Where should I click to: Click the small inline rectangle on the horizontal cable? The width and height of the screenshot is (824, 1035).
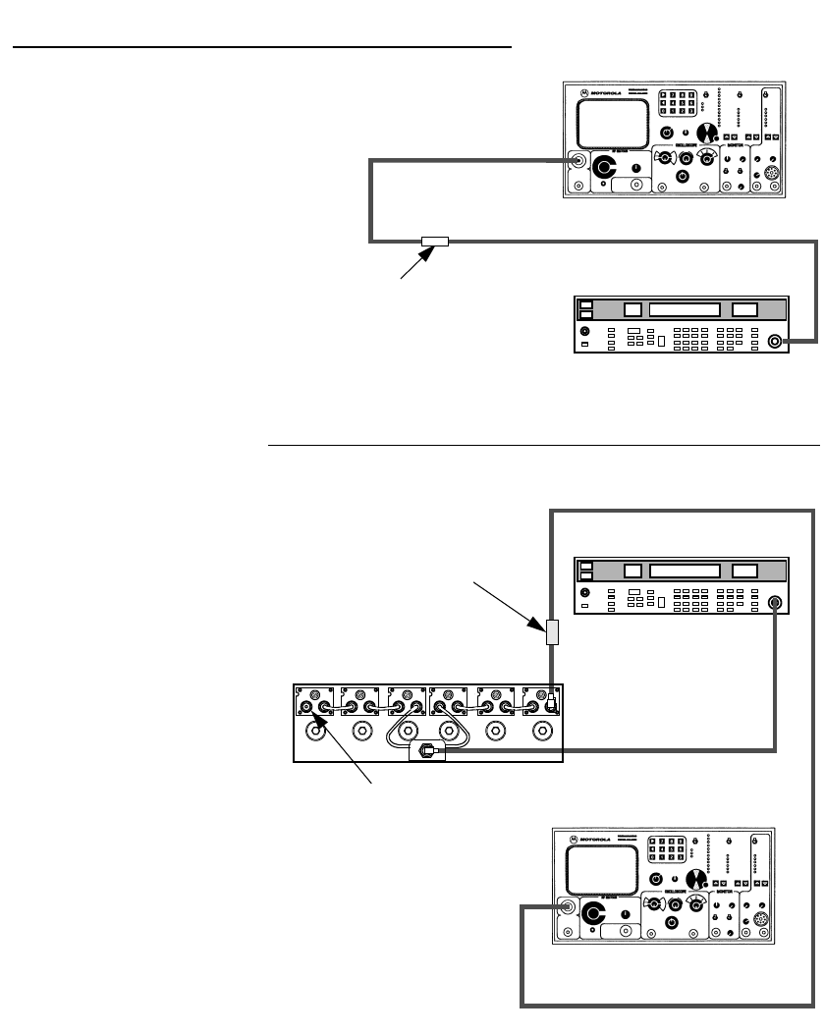click(x=434, y=242)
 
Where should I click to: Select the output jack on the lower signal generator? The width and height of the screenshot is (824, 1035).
click(x=775, y=604)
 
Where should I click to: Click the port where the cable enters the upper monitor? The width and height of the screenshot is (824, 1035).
click(x=577, y=160)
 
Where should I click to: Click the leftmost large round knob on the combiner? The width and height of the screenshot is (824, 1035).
click(x=316, y=731)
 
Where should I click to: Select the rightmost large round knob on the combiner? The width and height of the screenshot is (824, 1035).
click(x=540, y=731)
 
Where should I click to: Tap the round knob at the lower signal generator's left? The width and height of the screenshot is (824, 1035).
click(x=585, y=593)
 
